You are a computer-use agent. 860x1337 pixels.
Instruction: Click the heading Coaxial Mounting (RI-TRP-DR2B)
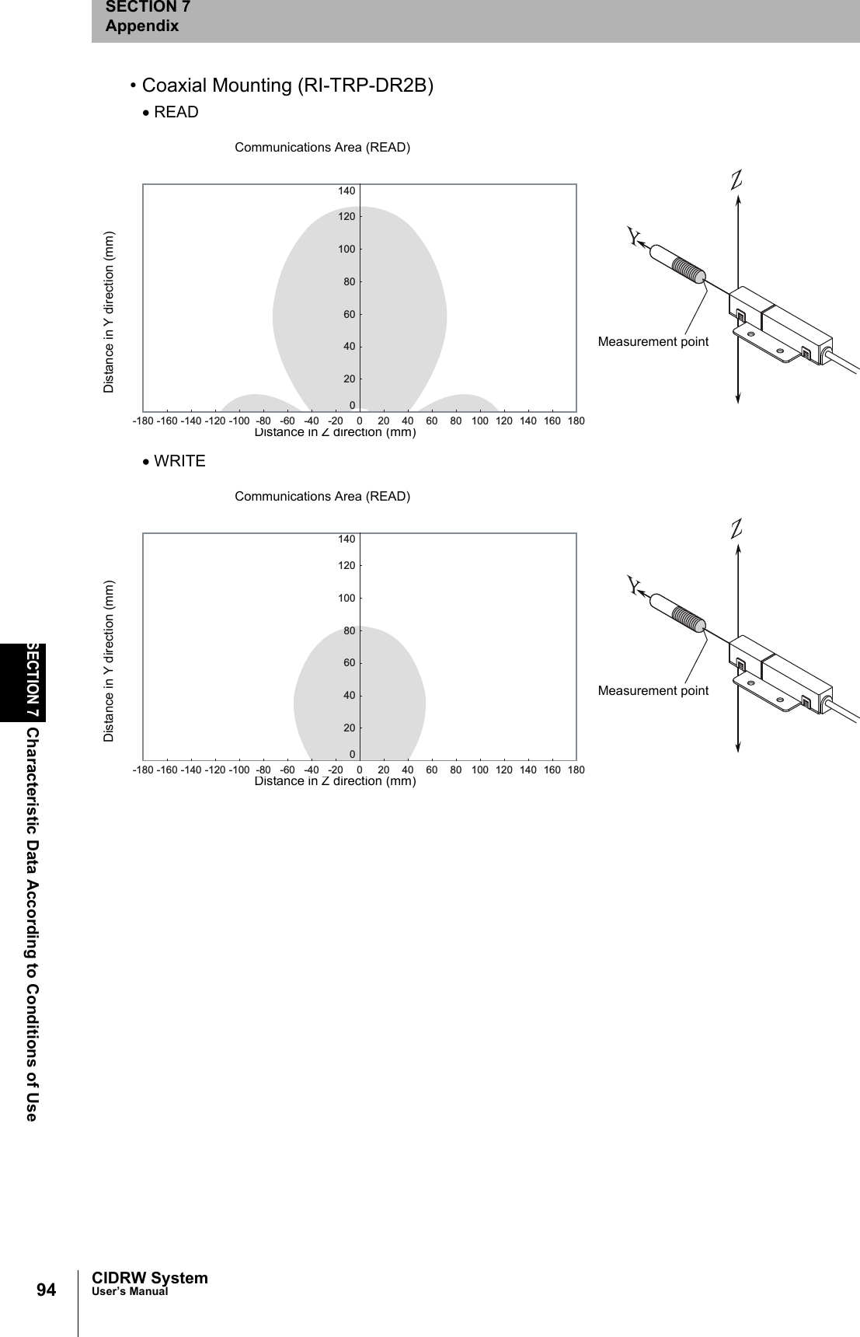click(287, 86)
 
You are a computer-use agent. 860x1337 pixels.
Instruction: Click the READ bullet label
click(176, 112)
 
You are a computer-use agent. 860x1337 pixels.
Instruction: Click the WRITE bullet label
click(179, 461)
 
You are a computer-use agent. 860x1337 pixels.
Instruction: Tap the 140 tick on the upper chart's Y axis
click(346, 191)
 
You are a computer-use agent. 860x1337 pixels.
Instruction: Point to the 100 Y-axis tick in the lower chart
click(346, 599)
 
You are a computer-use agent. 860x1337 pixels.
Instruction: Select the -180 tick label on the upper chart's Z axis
click(142, 421)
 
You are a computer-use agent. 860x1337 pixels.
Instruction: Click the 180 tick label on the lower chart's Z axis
click(576, 770)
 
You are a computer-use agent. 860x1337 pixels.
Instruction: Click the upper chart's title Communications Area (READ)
click(322, 148)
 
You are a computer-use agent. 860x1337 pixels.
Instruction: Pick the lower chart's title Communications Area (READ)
click(322, 497)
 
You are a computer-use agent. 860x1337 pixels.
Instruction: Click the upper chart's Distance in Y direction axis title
click(109, 312)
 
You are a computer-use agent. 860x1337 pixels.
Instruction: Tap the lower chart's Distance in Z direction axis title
click(336, 781)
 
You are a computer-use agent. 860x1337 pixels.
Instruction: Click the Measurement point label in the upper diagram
click(653, 341)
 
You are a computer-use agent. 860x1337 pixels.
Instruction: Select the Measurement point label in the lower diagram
click(653, 690)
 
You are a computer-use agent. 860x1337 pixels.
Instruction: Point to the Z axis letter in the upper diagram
click(736, 180)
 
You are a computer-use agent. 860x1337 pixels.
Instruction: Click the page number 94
click(47, 1290)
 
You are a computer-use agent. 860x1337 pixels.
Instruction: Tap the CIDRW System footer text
click(149, 1278)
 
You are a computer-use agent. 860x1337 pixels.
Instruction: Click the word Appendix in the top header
click(142, 26)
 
